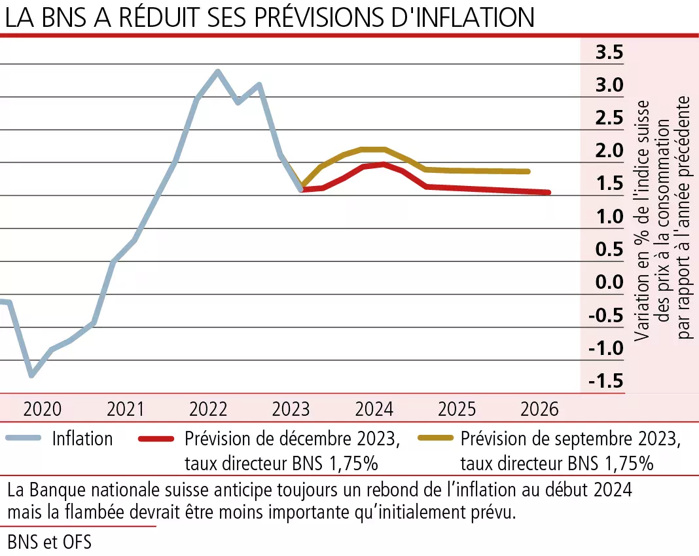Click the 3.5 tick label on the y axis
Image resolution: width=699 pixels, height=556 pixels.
pyautogui.click(x=609, y=52)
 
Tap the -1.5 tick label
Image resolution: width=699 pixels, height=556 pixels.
pyautogui.click(x=605, y=381)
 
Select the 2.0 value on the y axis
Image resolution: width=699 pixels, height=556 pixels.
pyautogui.click(x=609, y=151)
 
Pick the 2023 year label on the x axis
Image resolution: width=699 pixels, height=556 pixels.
pyautogui.click(x=291, y=410)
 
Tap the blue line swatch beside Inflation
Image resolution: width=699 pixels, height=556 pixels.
pyautogui.click(x=22, y=438)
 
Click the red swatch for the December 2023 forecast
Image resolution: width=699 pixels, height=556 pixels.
pyautogui.click(x=158, y=438)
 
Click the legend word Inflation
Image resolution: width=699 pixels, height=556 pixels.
pyautogui.click(x=82, y=438)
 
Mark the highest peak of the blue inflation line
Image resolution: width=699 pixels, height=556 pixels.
pyautogui.click(x=218, y=71)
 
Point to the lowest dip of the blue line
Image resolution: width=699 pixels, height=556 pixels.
pyautogui.click(x=31, y=375)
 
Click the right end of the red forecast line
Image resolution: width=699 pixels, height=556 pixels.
pyautogui.click(x=548, y=193)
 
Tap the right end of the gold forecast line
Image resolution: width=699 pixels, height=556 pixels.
pyautogui.click(x=528, y=172)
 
